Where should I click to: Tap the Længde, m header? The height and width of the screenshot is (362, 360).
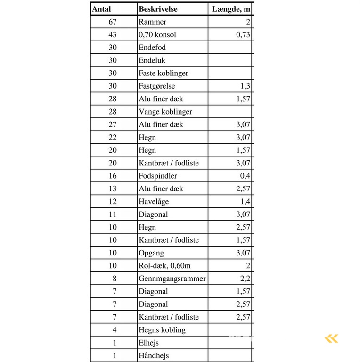coord(231,9)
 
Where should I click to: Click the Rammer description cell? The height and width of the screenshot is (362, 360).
coord(153,22)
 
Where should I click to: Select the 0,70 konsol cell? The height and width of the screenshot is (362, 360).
coord(158,34)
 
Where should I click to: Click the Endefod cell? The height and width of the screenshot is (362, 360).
coord(152,48)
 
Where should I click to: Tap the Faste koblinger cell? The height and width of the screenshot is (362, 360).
coord(163,73)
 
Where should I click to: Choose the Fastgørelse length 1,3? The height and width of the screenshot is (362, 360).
coord(245,86)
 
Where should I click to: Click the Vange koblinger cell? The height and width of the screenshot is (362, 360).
coord(165,112)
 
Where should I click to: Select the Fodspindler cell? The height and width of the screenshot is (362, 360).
coord(158,176)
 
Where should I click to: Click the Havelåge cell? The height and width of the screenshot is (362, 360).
coord(154,201)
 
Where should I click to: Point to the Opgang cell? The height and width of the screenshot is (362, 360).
coord(152,253)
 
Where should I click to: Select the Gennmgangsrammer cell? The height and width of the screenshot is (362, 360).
coord(172,279)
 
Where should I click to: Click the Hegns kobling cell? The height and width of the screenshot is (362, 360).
coord(162,330)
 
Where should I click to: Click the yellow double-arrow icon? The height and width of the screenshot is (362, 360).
coord(332,338)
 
